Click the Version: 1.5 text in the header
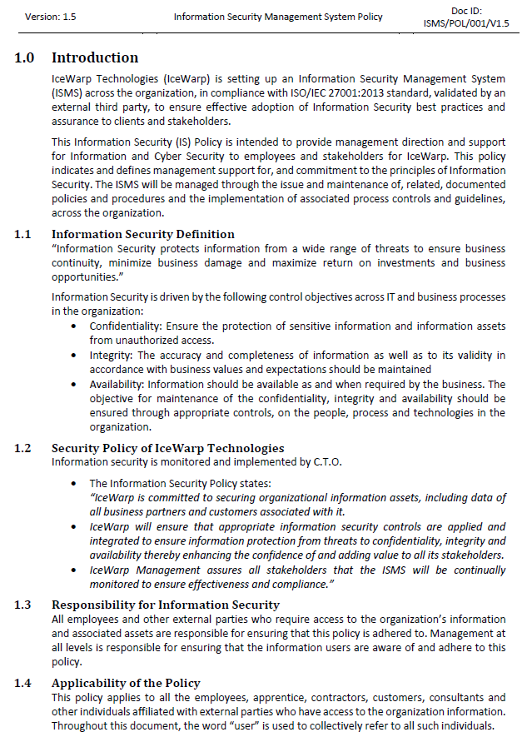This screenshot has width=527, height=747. click(x=51, y=16)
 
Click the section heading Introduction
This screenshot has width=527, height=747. click(x=95, y=57)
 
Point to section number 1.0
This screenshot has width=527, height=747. click(x=24, y=57)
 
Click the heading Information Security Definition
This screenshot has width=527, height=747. click(x=143, y=234)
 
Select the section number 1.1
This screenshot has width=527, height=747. click(x=23, y=234)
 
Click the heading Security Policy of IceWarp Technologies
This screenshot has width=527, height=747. click(x=168, y=448)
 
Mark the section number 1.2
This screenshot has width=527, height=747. click(x=23, y=448)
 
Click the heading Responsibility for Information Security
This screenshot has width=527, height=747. click(x=166, y=605)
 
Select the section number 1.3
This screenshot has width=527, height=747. click(x=23, y=605)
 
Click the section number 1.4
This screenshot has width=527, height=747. click(x=23, y=683)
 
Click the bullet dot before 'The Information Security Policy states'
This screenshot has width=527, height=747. click(x=77, y=484)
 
